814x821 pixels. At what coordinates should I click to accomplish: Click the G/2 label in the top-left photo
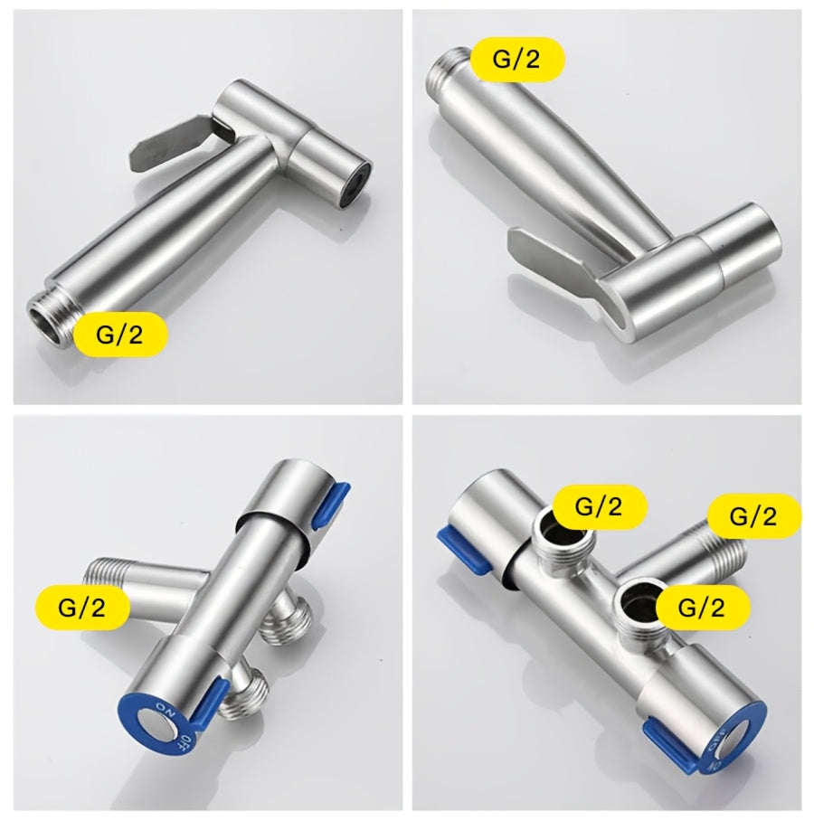(120, 334)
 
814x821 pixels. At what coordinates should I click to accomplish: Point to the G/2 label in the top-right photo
(517, 59)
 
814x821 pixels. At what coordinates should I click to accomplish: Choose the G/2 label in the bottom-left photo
(82, 607)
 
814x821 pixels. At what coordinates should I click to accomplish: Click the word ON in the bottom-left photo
(166, 712)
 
